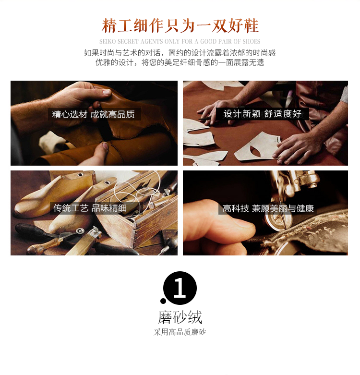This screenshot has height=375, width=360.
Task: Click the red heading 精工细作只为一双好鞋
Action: click(180, 25)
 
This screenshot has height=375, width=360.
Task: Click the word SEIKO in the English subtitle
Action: click(108, 42)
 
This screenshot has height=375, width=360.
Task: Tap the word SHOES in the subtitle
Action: click(251, 42)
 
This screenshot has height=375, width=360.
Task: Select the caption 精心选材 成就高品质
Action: click(94, 114)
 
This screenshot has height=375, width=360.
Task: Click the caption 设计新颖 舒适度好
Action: click(262, 114)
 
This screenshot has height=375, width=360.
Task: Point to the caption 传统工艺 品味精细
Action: click(90, 208)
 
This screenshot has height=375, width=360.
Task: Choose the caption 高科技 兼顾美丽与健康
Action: click(268, 208)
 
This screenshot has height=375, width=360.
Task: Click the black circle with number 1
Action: click(180, 288)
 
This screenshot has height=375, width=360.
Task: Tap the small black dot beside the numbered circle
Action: click(163, 301)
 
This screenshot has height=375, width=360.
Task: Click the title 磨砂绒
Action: click(180, 317)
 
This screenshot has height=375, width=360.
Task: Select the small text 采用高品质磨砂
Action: click(180, 332)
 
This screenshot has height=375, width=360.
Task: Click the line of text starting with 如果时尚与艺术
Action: click(180, 53)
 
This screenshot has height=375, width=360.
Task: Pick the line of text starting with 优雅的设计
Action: click(180, 62)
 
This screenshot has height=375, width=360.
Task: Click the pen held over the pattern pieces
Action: click(208, 118)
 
